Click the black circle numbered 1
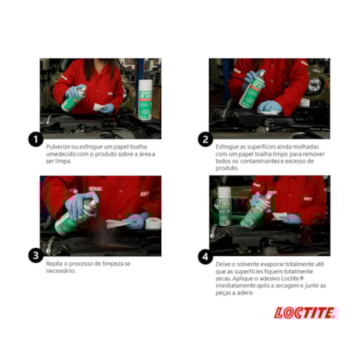coord(34,139)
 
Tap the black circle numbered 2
coord(205,139)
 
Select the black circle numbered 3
coord(34,255)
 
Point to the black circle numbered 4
coord(205,255)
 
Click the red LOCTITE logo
coord(304,313)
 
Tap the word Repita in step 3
coord(56,264)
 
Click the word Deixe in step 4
coord(225,264)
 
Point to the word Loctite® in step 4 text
coord(305,279)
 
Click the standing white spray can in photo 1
coord(145,98)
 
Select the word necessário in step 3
coord(62,271)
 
